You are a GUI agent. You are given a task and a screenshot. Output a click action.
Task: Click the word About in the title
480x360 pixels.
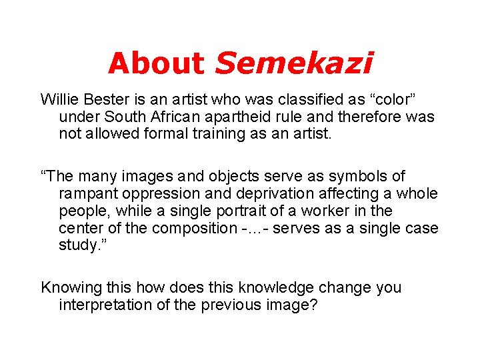tap(156, 63)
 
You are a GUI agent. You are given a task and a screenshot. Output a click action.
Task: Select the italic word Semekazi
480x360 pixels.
tap(294, 63)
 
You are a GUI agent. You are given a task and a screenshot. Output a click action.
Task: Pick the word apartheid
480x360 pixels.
tap(277, 117)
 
